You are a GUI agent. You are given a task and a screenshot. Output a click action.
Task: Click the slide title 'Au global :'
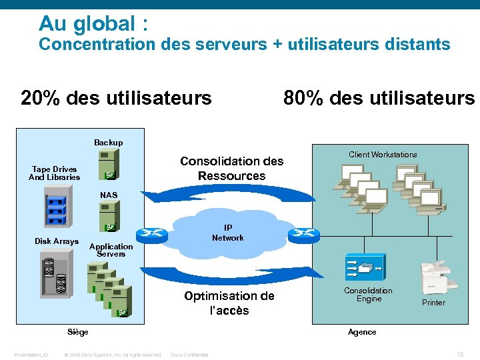coord(93,24)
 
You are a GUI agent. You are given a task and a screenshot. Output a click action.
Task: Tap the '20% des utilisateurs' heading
coord(116,99)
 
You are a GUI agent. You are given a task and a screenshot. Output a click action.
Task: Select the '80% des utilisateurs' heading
coord(379,99)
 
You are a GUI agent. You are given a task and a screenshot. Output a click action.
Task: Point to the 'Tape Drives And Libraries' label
coord(54,173)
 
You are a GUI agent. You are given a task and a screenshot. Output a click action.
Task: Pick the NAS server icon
coord(108,217)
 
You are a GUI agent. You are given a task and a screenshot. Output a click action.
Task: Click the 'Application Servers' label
coord(111,250)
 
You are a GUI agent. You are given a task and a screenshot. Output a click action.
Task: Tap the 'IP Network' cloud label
coord(227,233)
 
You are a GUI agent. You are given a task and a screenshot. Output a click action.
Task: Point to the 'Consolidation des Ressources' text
coord(231,169)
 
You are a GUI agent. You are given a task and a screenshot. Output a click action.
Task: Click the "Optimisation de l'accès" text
coord(229,303)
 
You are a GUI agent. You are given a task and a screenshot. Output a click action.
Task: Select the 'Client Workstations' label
coord(383,155)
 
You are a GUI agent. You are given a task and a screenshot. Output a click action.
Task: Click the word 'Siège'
coord(78,332)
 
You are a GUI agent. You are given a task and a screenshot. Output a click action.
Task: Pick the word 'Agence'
coord(362,332)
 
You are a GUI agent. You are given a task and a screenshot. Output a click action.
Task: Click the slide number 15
coord(460,354)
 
